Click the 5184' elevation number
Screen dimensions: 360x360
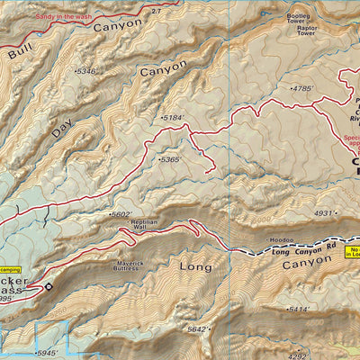point(171,118)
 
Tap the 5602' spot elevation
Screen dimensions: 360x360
point(120,214)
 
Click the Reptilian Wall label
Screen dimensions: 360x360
point(148,226)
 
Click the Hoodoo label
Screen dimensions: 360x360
point(282,240)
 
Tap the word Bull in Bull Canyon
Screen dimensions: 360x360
point(20,55)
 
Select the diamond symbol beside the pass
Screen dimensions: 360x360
point(49,287)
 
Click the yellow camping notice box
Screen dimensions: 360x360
point(10,269)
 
